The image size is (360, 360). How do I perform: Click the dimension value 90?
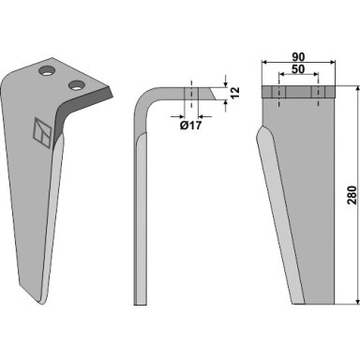(298, 57)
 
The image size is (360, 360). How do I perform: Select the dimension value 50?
(298, 69)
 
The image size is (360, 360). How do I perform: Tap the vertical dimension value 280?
(352, 195)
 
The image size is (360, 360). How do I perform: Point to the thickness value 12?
(235, 93)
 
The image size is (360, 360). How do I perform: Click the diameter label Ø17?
(190, 126)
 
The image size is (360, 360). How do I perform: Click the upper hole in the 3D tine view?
(47, 70)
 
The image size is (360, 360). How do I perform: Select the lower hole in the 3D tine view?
(77, 85)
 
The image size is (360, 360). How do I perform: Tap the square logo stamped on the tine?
(42, 133)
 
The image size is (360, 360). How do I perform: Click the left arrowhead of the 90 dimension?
(264, 63)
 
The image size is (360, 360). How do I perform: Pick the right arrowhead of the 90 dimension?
(333, 63)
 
